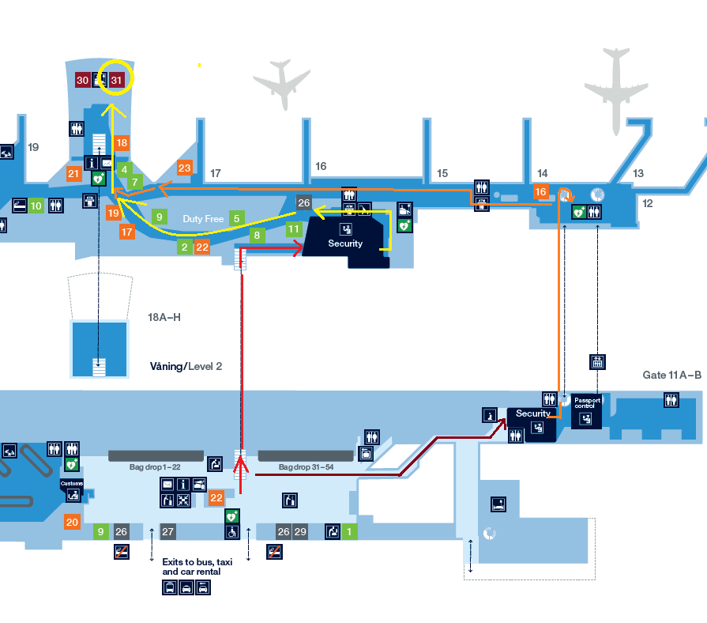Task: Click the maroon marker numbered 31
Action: coord(116,80)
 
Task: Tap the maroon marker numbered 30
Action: coord(82,80)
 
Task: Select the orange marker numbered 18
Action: coord(121,143)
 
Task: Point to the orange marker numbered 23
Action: coord(184,168)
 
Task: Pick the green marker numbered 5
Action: coord(236,217)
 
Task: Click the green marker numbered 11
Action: coord(294,229)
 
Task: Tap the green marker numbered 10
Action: coord(36,206)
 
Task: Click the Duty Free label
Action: coord(204,218)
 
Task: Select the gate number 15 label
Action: coord(442,173)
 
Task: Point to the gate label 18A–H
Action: coord(164,317)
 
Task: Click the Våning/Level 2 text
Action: coord(186,367)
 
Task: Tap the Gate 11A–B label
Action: coord(671,375)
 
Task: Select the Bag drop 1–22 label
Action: coord(155,467)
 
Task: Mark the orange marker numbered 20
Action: coord(73,522)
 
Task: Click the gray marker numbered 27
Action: coord(167,531)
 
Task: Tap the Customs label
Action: coord(71,483)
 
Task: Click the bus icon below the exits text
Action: coord(170,587)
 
